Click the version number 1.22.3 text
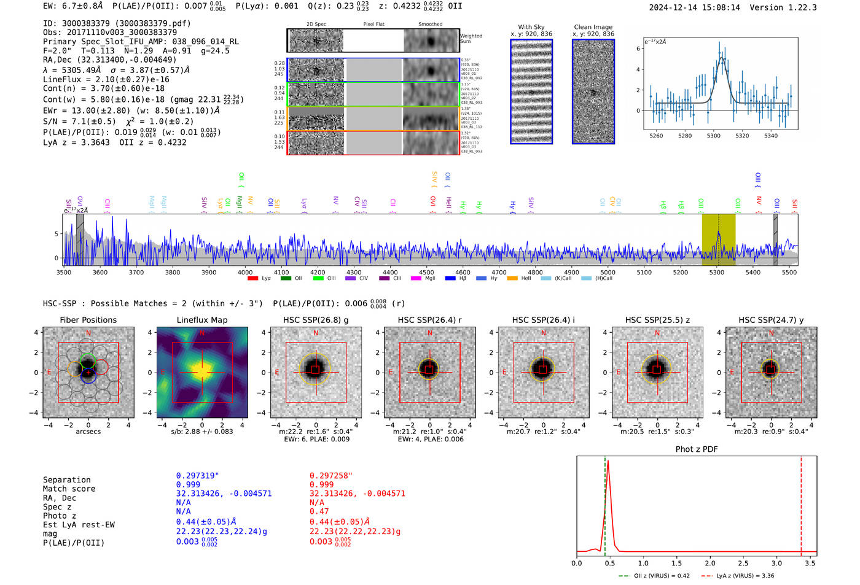(x=797, y=7)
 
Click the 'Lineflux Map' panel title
(x=201, y=320)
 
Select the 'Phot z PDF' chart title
(x=697, y=449)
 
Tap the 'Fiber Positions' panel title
(x=88, y=320)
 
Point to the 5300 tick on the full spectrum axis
(x=716, y=273)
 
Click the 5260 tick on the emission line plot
(x=656, y=136)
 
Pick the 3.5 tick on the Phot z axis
(x=810, y=563)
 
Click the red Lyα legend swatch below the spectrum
(x=252, y=279)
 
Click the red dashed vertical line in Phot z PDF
(x=801, y=503)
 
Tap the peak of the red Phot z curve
(x=608, y=461)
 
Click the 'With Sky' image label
(x=531, y=27)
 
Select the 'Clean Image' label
(x=593, y=27)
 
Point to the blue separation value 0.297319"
(x=197, y=476)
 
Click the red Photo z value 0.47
(x=319, y=511)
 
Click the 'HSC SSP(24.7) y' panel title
(x=771, y=320)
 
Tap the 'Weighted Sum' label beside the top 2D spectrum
(x=471, y=39)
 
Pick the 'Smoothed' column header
(x=430, y=25)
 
